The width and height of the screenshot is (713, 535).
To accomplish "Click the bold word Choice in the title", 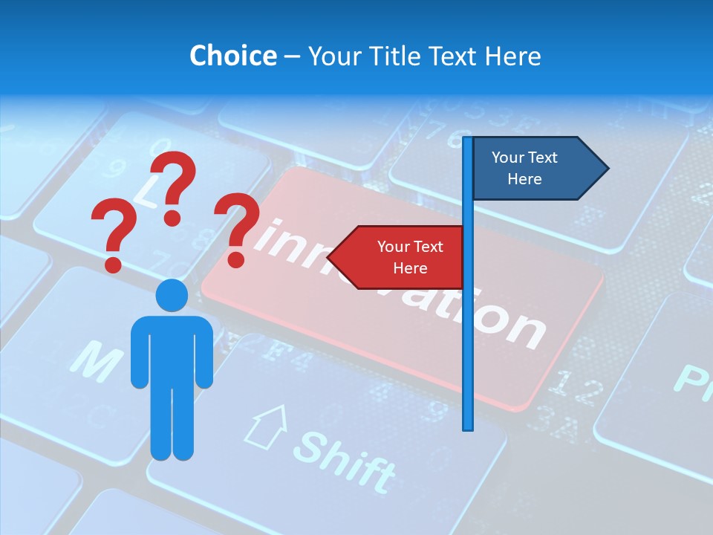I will (232, 56).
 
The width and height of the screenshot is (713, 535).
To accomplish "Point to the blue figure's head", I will (172, 295).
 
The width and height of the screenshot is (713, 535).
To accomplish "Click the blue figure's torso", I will (172, 349).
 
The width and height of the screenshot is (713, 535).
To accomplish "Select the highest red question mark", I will (175, 187).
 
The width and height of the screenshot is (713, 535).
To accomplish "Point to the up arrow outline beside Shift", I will (267, 427).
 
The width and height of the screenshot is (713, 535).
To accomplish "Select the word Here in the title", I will (512, 56).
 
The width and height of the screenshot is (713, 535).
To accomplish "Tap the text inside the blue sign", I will (524, 168).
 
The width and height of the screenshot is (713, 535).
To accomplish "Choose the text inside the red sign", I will (410, 257).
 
